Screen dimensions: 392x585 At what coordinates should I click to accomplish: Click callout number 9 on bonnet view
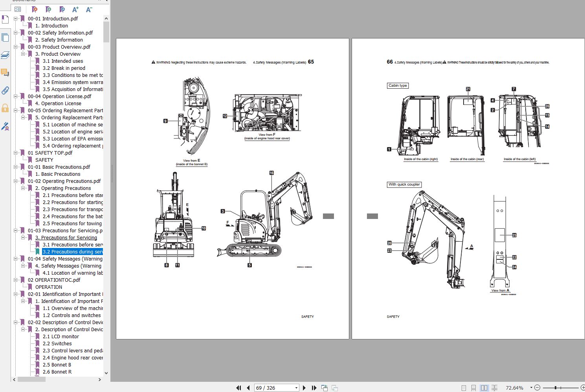[165, 121]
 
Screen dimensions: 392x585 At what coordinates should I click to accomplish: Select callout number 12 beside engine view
[225, 116]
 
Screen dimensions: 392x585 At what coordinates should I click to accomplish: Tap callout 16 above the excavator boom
[271, 173]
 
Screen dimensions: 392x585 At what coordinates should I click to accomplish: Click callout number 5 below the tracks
[249, 265]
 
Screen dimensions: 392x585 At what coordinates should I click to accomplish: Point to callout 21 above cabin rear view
[468, 89]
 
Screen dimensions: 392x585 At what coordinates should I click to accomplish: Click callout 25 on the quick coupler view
[514, 235]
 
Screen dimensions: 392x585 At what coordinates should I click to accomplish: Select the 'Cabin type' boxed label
[398, 86]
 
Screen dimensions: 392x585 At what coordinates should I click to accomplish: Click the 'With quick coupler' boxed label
[404, 184]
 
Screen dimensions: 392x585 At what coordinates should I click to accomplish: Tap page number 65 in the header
[311, 62]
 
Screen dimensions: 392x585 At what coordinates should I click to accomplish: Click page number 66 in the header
[390, 62]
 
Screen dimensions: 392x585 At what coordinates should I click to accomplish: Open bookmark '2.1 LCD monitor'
[61, 337]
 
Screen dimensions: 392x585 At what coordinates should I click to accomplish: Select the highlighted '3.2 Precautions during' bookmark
[73, 252]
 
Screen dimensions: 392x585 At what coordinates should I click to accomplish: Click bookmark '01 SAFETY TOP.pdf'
[50, 153]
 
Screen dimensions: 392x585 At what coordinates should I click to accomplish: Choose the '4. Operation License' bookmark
[58, 104]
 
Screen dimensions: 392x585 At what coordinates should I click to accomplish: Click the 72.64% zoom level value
[514, 388]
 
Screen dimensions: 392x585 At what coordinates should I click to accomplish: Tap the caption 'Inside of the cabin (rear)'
[467, 159]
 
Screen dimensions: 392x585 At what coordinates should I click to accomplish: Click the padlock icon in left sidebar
[5, 108]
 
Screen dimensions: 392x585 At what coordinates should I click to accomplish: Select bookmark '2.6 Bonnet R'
[57, 372]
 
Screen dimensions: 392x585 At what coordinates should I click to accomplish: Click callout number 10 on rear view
[204, 228]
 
